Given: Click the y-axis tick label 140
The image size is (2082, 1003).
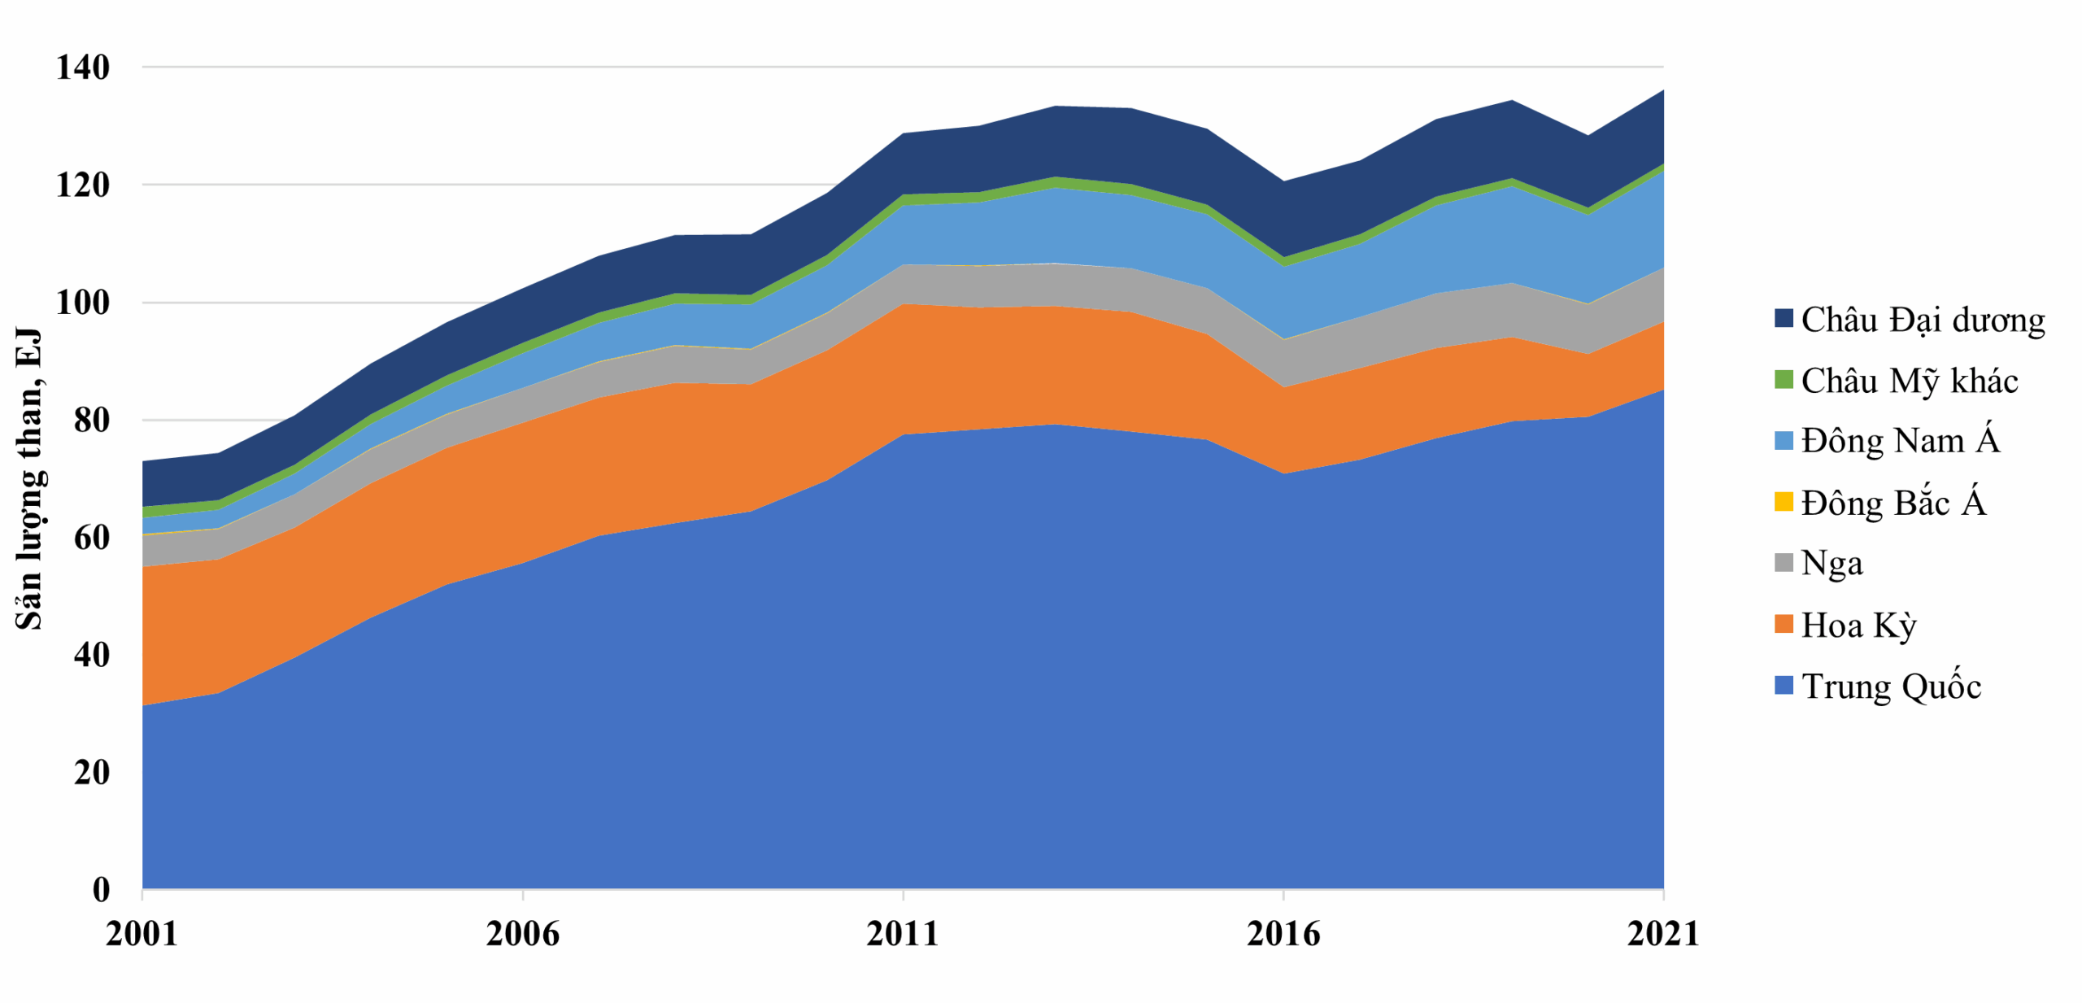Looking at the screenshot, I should pos(82,68).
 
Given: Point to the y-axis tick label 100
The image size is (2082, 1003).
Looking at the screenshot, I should pos(82,303).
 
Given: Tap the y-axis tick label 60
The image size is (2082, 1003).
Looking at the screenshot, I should pos(91,538).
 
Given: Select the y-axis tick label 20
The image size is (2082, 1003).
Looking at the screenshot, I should pos(91,772).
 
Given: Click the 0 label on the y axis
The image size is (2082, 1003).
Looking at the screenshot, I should pos(101,889).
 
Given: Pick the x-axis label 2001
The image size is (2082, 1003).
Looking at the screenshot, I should pos(142,933).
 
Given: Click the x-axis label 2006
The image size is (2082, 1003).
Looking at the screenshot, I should pos(522,933).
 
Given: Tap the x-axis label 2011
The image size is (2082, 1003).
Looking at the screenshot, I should pos(902,933).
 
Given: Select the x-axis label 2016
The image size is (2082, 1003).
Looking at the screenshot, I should pos(1283,933).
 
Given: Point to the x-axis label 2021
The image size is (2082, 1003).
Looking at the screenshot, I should pos(1663,933).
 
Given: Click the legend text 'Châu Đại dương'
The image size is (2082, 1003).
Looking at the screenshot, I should pos(1922,320).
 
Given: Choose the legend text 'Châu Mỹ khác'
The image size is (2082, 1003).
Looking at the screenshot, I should pos(1909,381).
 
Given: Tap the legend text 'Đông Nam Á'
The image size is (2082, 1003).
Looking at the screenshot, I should pos(1899,441).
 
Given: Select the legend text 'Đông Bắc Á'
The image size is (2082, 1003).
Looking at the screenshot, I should pos(1893,503).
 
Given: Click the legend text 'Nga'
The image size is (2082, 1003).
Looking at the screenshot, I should pos(1832,563).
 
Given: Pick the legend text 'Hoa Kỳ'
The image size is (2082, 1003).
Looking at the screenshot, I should pos(1858,625).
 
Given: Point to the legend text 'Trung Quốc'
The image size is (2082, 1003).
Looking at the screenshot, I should pos(1891,686).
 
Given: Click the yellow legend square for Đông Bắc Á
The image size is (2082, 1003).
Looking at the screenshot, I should pos(1783,502).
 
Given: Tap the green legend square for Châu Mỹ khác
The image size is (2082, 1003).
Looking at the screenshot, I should pos(1783,380).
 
